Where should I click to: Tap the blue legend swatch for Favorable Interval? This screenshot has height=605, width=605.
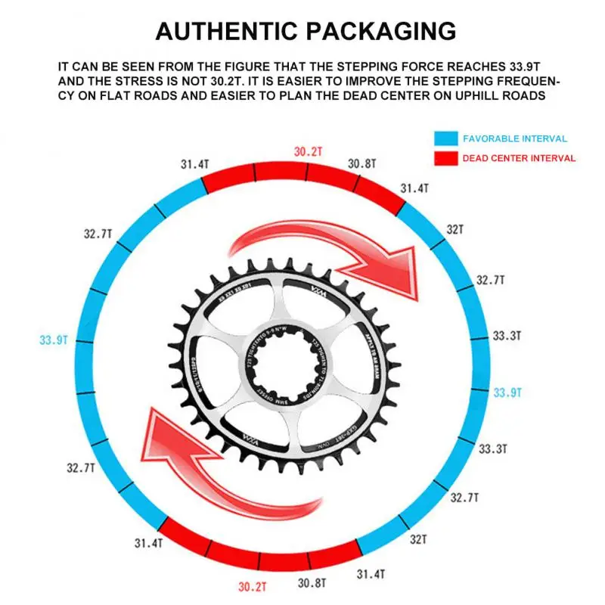click(x=445, y=139)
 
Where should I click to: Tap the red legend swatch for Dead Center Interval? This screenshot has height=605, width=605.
click(x=445, y=158)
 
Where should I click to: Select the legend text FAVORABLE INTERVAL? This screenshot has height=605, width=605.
click(x=515, y=139)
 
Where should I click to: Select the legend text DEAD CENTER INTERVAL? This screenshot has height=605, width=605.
click(x=520, y=158)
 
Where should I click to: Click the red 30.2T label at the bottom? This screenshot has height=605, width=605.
click(x=253, y=585)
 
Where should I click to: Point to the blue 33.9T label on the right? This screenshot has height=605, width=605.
click(x=507, y=392)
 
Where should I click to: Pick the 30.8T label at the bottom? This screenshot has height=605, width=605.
click(x=311, y=582)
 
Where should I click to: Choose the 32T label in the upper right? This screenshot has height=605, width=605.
click(x=455, y=228)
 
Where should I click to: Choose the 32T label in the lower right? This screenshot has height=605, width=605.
click(x=418, y=540)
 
